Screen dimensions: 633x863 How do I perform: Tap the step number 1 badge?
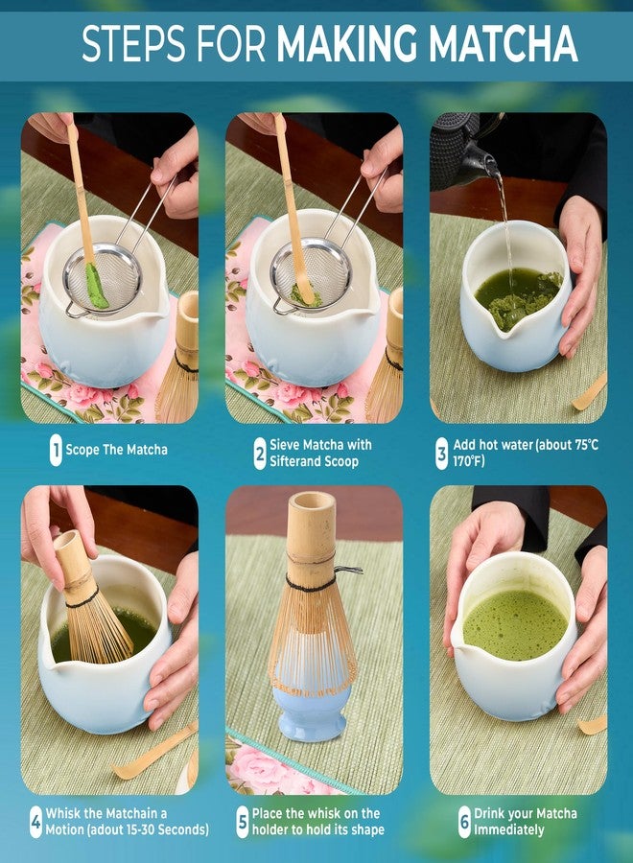[x=56, y=450]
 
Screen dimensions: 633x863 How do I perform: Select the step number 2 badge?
[x=260, y=454]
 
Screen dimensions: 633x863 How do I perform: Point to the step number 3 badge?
[x=441, y=454]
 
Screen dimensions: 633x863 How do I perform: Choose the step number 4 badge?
[x=35, y=823]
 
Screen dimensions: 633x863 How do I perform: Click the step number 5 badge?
[x=243, y=823]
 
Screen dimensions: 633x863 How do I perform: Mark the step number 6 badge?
[x=464, y=823]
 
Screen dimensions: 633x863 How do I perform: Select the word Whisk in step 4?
[x=63, y=813]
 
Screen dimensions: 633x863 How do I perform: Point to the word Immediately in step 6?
[x=508, y=830]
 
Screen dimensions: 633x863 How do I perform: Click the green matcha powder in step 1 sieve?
[x=96, y=285]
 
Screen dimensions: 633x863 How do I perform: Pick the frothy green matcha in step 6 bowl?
[x=515, y=624]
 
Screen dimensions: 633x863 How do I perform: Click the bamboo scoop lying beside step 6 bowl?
[x=593, y=725]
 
